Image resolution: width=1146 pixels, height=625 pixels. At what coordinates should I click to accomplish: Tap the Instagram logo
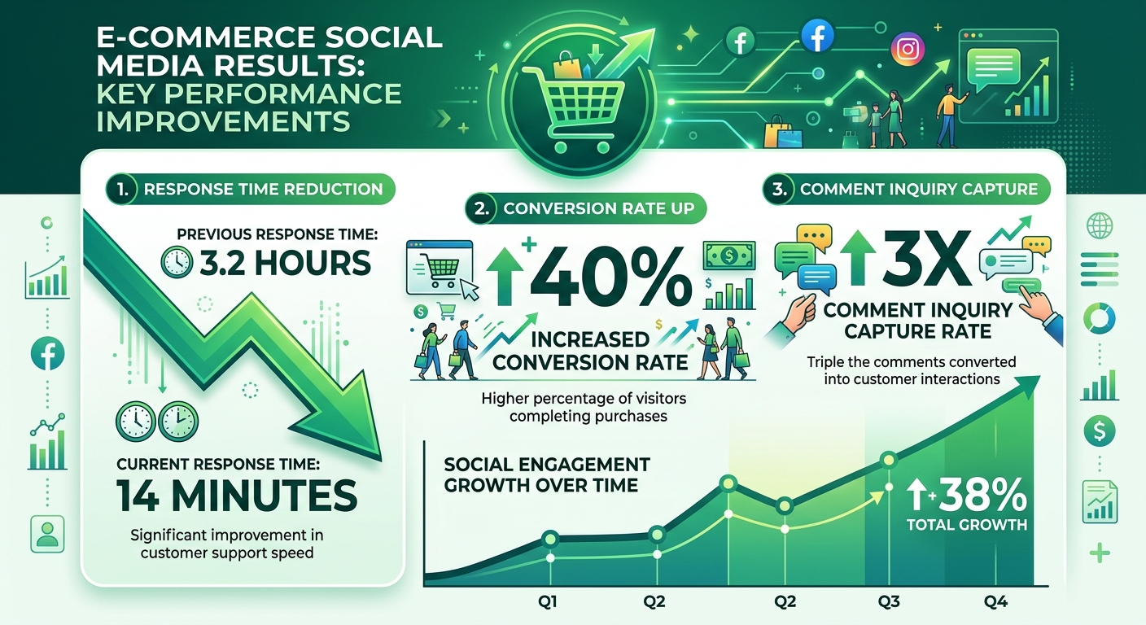[x=908, y=49]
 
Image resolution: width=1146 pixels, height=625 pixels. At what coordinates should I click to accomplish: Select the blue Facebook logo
[x=817, y=35]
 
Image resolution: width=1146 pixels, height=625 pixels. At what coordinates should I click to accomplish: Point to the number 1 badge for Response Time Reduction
[x=122, y=190]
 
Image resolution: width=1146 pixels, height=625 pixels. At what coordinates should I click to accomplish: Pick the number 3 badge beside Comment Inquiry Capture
[x=778, y=190]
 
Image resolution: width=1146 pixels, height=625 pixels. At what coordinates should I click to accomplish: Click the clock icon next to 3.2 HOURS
[x=177, y=262]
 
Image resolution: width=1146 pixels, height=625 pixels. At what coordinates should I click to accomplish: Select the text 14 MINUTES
[x=236, y=495]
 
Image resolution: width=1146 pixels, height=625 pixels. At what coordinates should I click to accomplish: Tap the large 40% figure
[x=611, y=278]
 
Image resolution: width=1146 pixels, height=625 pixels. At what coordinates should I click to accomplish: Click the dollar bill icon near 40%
[x=729, y=256]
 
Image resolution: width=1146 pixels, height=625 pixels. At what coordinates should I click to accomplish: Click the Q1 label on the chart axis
[x=548, y=601]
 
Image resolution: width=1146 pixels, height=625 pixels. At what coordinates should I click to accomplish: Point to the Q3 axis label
[x=889, y=601]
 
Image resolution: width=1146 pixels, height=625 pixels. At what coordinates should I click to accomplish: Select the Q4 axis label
[x=995, y=601]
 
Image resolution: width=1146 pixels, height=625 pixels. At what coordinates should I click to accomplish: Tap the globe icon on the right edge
[x=1100, y=225]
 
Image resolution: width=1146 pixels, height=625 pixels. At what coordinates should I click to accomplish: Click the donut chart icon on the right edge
[x=1100, y=318]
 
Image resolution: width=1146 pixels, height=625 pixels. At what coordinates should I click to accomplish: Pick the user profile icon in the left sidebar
[x=47, y=534]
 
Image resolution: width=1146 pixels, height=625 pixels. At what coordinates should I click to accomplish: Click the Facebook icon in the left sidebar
[x=47, y=353]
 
